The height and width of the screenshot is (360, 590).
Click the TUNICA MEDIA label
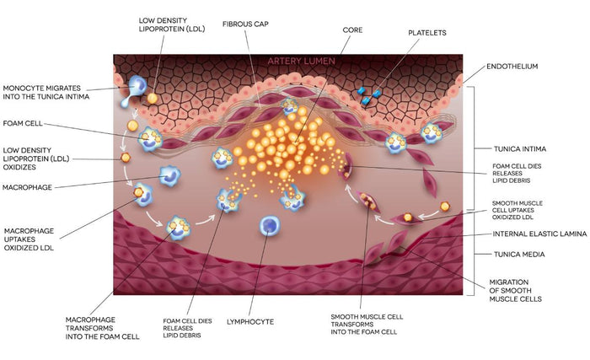coord(517,254)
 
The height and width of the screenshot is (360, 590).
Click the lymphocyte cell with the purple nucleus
coord(271,225)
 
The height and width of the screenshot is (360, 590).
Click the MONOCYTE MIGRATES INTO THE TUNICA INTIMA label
coord(46,92)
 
